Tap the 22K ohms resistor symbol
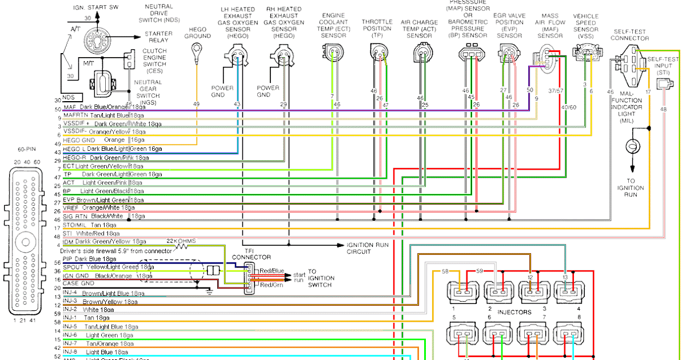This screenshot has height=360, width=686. point(181,247)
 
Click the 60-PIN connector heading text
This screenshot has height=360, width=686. point(27,149)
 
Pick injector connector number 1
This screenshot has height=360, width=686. point(463,289)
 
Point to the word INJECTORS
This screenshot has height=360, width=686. point(514,312)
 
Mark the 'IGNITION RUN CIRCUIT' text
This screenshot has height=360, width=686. point(368,248)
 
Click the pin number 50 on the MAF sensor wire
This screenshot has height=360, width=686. point(530,90)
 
